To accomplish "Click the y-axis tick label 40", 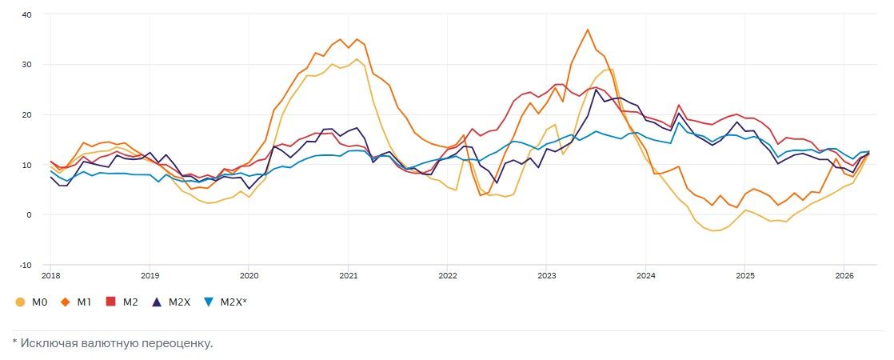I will pos(26,14).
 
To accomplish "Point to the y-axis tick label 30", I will pos(26,64).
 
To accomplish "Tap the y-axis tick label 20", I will pos(26,114).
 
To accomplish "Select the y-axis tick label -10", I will pos(25,265).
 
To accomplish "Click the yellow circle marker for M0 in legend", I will pos(21,302).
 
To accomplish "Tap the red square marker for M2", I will pos(111,302).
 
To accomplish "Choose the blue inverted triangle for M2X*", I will pos(210,302).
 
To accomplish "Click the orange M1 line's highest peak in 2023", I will pos(588,30).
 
